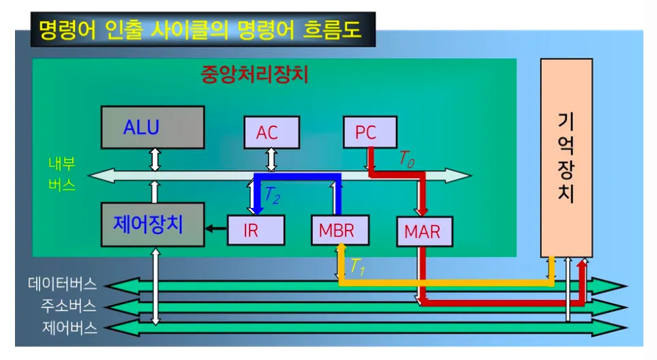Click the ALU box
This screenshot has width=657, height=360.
[153, 127]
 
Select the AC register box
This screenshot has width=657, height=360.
[271, 132]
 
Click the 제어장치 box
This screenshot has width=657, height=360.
[153, 224]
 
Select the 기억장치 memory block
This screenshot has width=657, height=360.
[566, 157]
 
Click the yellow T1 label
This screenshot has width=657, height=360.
[358, 267]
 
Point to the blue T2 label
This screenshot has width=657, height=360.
[272, 196]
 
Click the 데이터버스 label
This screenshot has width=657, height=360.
[62, 283]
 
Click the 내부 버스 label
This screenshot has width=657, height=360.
[62, 175]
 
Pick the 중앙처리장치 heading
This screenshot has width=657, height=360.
[255, 74]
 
